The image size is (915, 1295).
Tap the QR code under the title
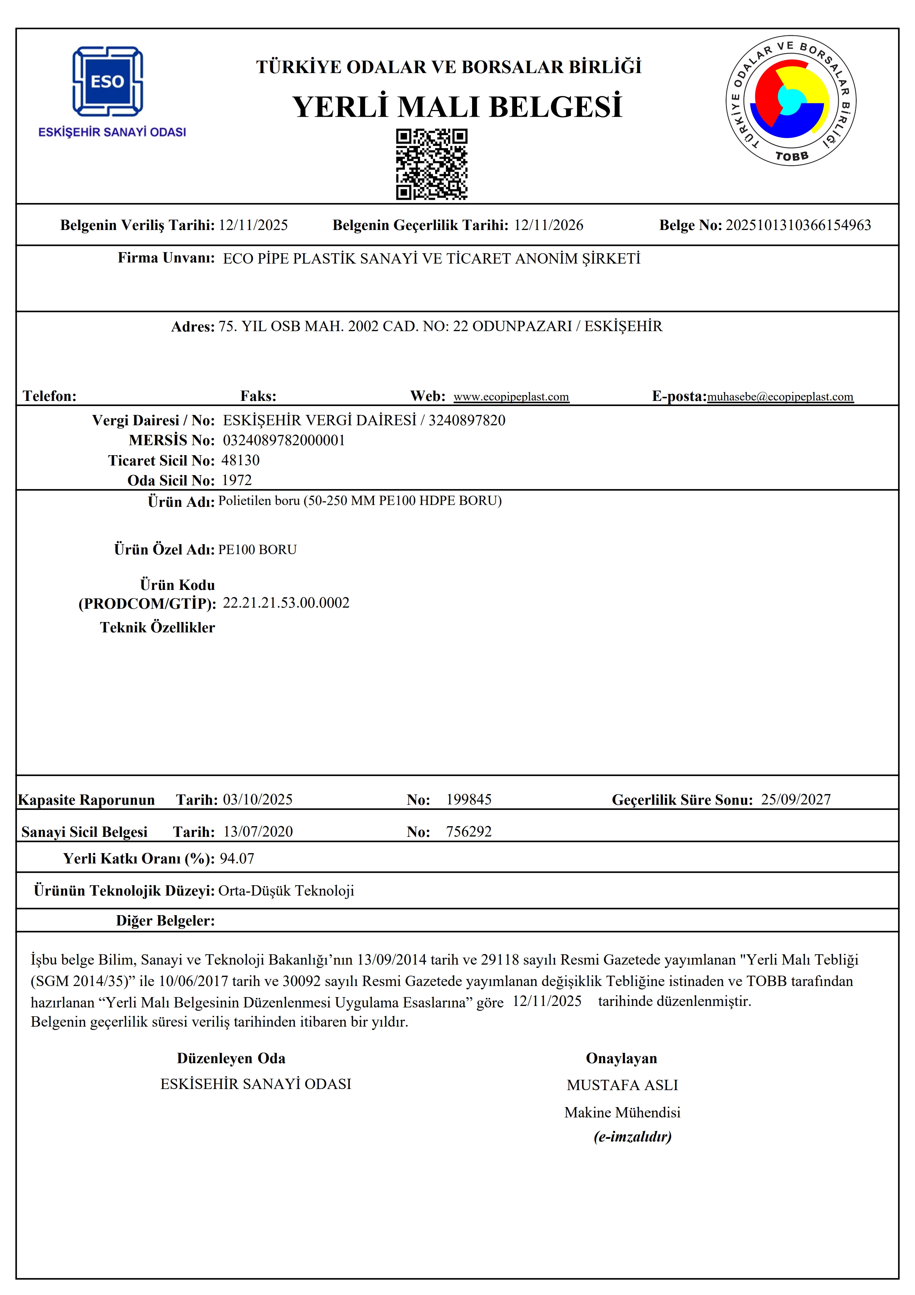(x=431, y=164)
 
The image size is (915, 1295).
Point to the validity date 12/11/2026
(x=548, y=225)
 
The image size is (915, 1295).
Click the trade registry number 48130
(x=240, y=460)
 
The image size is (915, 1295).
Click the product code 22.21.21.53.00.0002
(x=286, y=602)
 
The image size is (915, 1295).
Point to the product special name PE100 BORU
(x=257, y=549)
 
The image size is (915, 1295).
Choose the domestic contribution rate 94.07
(x=237, y=858)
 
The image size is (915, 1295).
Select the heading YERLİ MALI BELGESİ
(x=457, y=107)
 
